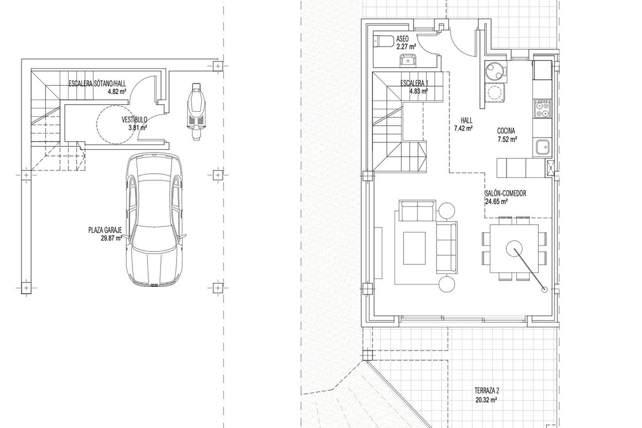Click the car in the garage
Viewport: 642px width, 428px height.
tap(154, 219)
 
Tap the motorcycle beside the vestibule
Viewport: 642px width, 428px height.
tap(196, 111)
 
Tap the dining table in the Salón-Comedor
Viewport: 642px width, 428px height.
tap(514, 248)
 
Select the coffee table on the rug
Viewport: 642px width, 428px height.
tap(414, 248)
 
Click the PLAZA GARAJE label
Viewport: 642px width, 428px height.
tap(105, 230)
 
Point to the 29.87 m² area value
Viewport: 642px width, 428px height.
tap(111, 238)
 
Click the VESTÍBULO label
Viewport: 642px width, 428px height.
tap(134, 119)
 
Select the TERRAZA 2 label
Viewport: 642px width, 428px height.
tap(487, 391)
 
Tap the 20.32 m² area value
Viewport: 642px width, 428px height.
tap(486, 400)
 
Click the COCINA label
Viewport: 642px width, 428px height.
tap(506, 131)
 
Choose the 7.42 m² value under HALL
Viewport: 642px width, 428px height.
tap(463, 128)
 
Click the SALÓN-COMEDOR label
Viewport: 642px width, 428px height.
tap(505, 193)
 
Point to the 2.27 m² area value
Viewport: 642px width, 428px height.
tap(406, 47)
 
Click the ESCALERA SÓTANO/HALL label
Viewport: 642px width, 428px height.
tap(97, 83)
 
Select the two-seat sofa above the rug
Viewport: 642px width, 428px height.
tap(417, 211)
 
